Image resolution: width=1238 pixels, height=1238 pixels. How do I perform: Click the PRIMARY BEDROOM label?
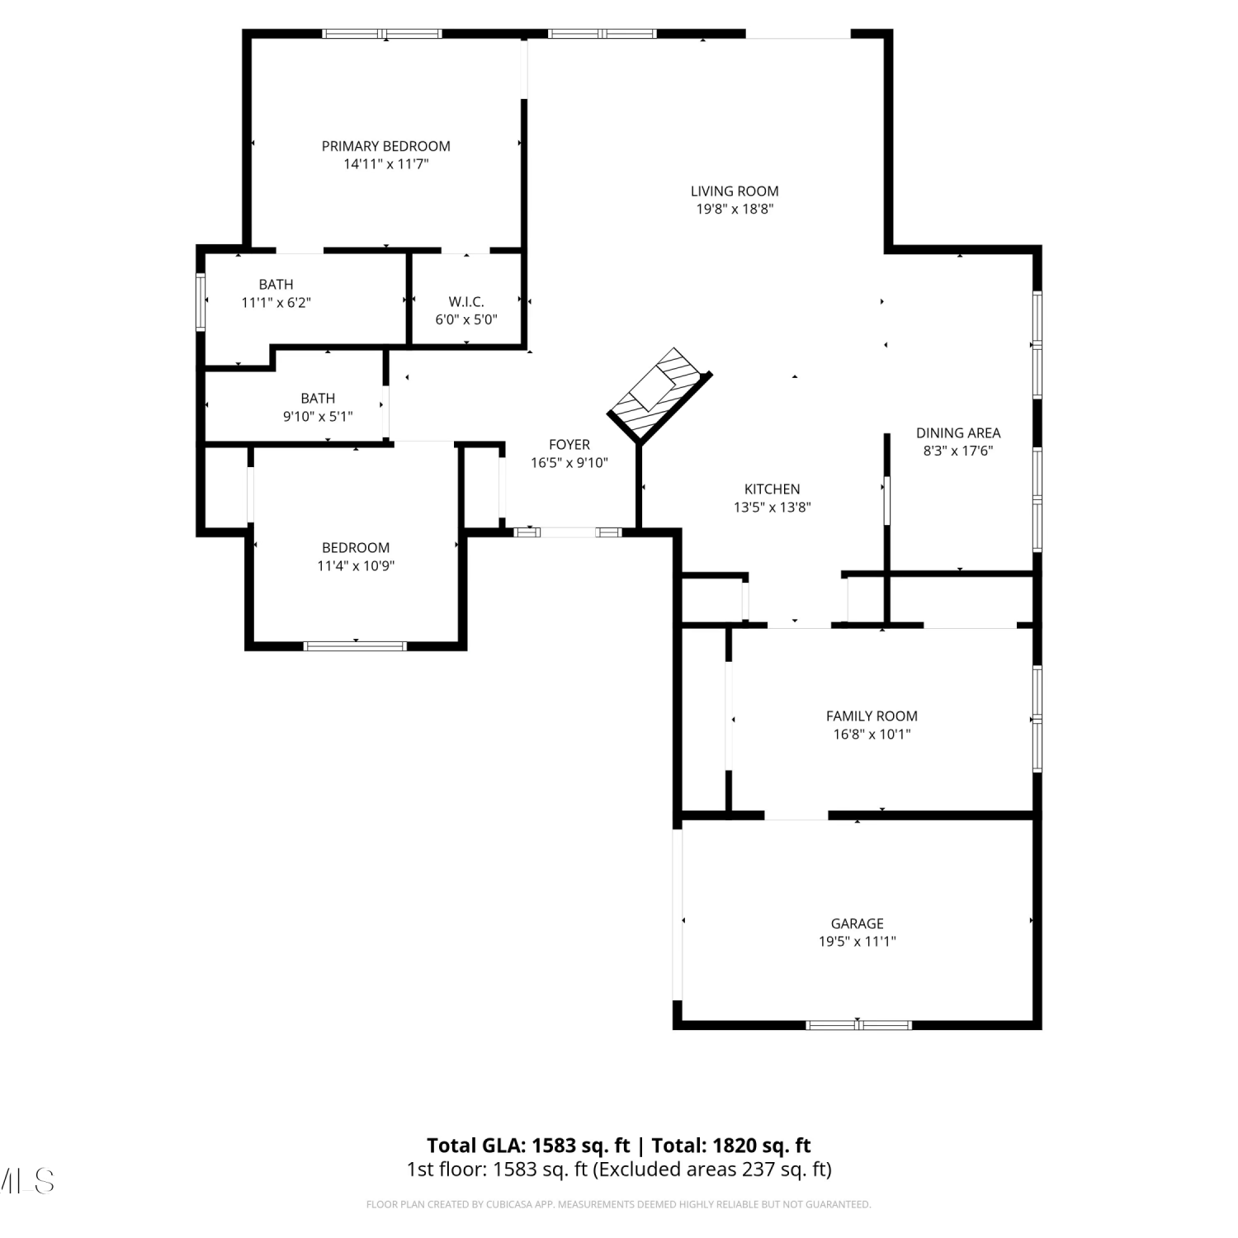coord(385,146)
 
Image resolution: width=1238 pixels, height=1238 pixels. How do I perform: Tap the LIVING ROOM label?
coord(735,191)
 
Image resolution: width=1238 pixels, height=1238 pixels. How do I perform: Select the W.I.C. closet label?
coord(466,301)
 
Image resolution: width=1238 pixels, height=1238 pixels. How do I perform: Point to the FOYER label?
coord(569,444)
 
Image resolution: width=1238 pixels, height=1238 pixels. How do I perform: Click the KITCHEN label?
coord(773,489)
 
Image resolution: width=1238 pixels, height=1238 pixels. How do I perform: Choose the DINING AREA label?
coord(958,432)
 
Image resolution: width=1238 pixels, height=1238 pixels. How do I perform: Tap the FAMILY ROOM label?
coord(872,716)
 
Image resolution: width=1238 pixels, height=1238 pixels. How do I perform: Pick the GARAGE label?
coord(858,923)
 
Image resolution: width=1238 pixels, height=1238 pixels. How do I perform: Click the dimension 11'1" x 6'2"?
coord(276,302)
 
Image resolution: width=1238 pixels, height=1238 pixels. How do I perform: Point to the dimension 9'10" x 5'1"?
coord(318,416)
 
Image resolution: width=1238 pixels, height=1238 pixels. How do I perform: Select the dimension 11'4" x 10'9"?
coord(356,565)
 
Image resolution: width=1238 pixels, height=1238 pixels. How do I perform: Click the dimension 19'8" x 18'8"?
coord(735,209)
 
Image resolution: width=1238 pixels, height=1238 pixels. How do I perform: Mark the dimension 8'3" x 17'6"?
coord(958,451)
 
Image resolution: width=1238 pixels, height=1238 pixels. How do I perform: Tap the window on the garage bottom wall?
coord(858,1025)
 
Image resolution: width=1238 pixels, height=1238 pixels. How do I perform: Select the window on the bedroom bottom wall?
coord(356,645)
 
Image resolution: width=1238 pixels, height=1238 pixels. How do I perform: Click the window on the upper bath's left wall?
coord(201,301)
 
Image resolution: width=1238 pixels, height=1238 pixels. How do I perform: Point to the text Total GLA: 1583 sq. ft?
coord(528,1145)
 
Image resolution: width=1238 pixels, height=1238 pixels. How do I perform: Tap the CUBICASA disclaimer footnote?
coord(618,1204)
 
